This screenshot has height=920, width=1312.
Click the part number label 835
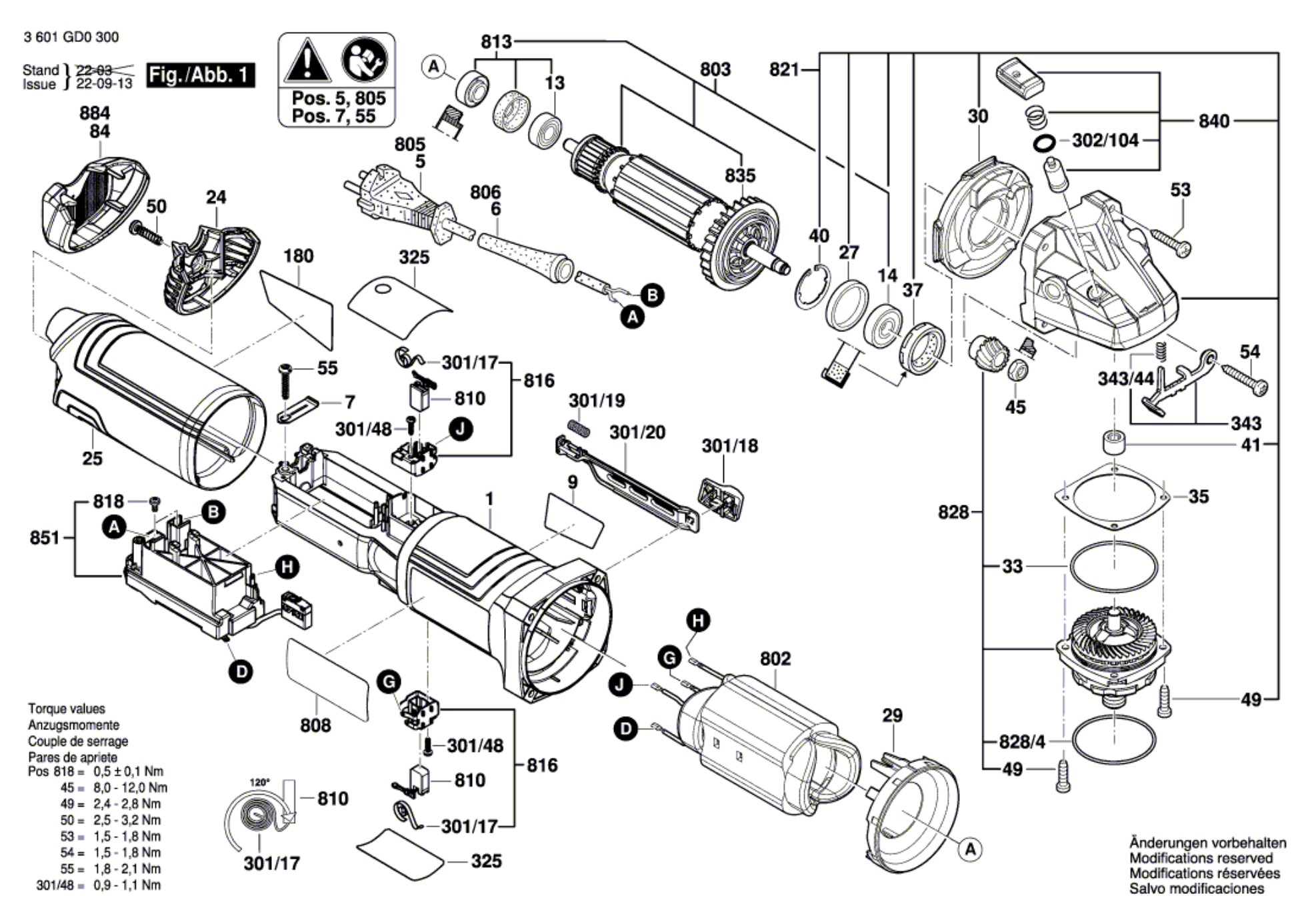740,175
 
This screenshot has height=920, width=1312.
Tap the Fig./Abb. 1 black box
200,75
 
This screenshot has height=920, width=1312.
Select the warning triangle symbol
307,62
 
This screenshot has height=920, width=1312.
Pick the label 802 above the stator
775,659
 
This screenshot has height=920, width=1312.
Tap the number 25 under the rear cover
93,458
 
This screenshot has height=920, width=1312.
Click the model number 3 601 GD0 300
71,37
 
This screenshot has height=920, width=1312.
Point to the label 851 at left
45,537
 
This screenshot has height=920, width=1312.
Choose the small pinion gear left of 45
985,354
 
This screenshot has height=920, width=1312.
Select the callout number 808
315,725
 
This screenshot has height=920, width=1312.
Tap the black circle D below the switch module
241,671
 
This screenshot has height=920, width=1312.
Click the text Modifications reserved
1201,858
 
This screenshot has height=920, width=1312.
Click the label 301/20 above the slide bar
637,433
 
